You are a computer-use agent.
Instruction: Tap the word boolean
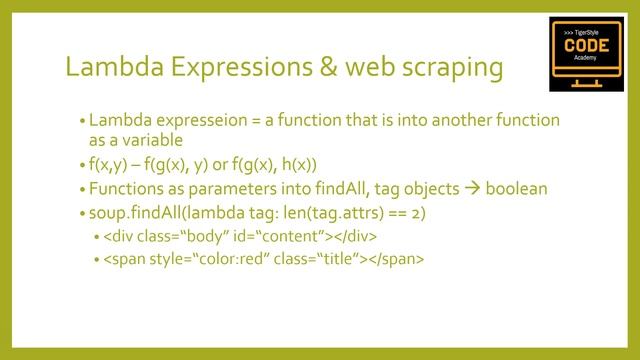[x=519, y=188]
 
